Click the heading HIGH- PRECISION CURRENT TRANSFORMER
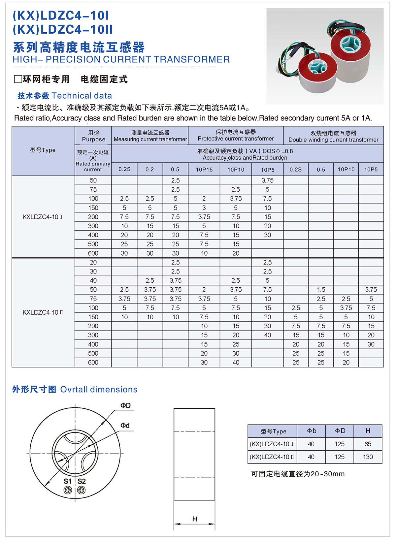tap(121, 60)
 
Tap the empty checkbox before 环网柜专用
tap(18, 79)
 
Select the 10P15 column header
tap(204, 170)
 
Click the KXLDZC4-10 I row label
tap(43, 217)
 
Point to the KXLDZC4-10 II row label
tap(43, 312)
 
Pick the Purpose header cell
tap(93, 136)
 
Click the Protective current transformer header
tap(236, 136)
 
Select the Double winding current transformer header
tap(333, 136)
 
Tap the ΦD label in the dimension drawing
tap(125, 405)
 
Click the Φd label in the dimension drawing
tap(125, 426)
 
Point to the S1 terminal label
tap(67, 481)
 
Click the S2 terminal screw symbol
tap(81, 490)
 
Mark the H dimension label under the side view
tap(194, 519)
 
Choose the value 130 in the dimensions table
tap(368, 457)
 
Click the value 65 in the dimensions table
tap(368, 444)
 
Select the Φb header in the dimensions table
tap(311, 431)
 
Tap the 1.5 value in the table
tap(321, 290)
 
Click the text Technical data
tap(82, 96)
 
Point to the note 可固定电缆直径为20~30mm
tap(298, 474)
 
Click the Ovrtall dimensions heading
tap(99, 390)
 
